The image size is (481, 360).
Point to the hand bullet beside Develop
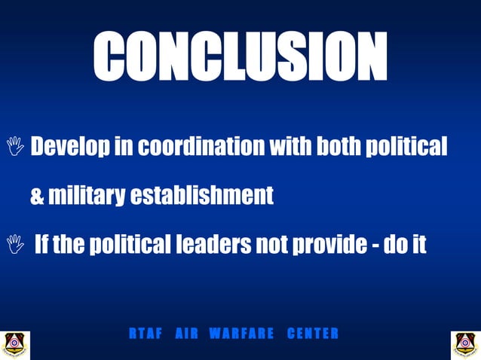point(14,146)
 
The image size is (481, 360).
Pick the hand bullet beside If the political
point(14,244)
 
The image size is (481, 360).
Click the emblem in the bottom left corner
point(14,344)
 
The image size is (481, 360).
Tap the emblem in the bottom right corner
point(465,344)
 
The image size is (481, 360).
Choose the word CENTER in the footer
point(313,334)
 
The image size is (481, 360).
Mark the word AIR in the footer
point(185,334)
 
